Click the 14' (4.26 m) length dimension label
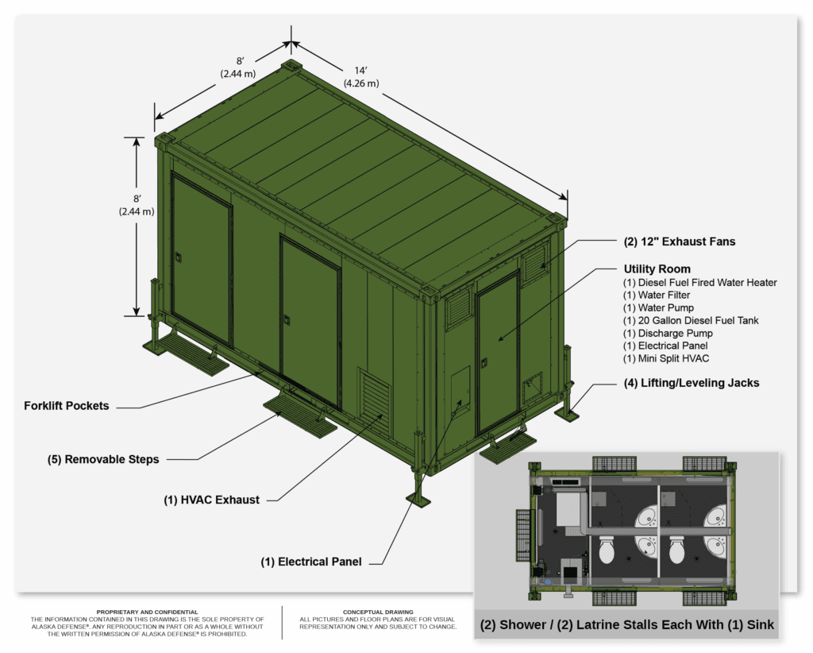coord(361,77)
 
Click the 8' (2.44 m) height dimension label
coord(137,205)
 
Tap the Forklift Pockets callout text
coord(67,406)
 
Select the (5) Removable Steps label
coord(103,459)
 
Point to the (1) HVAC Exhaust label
coord(211,500)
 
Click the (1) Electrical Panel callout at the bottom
coord(311,562)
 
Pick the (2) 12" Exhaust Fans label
coord(680,241)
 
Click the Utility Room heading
coord(657,269)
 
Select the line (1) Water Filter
coord(657,295)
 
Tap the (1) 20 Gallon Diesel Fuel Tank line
coord(691,320)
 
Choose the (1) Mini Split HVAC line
coord(666,358)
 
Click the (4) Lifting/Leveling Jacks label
coord(692,383)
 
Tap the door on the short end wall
coord(498,354)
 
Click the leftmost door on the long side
coord(202,259)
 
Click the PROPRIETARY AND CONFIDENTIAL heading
coord(147,612)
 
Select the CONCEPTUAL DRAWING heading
coord(378,612)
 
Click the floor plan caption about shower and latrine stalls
coord(627,625)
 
